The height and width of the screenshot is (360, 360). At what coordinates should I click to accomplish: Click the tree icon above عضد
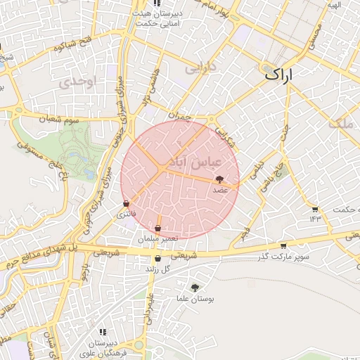[219, 180]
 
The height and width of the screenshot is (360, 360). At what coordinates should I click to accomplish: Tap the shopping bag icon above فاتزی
[126, 203]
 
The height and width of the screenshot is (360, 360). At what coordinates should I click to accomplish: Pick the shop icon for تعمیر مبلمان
[157, 229]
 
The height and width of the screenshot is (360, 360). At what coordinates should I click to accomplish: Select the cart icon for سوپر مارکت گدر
[283, 245]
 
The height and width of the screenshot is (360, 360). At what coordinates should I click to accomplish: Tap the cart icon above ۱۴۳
[314, 210]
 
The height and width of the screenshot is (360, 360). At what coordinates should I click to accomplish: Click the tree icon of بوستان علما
[195, 287]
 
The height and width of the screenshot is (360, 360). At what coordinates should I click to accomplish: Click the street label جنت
[285, 133]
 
